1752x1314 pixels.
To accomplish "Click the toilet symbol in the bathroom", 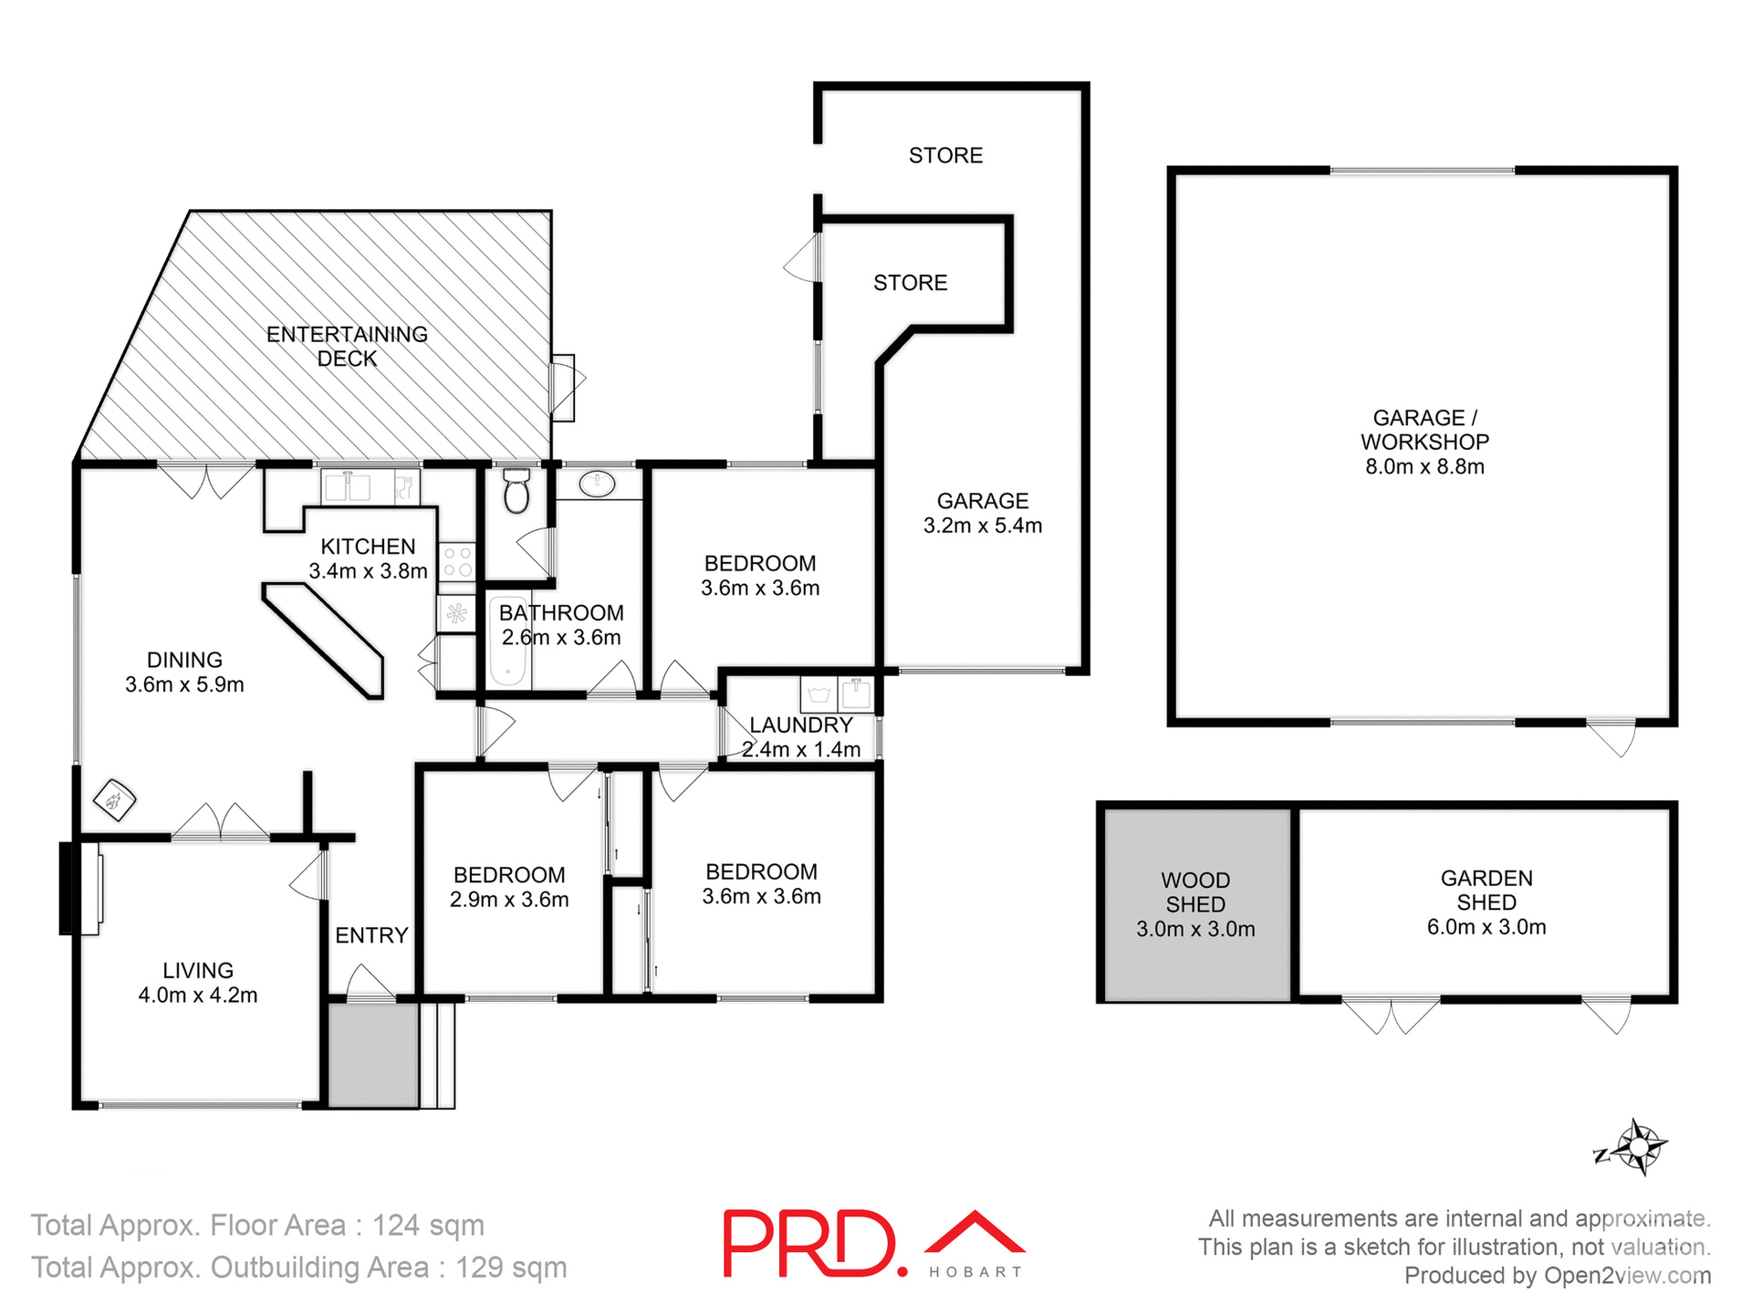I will tap(516, 492).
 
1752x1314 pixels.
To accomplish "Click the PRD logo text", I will tap(810, 1243).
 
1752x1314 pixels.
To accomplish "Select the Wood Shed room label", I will tap(1195, 892).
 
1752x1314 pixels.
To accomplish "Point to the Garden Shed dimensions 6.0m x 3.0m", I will tap(1486, 928).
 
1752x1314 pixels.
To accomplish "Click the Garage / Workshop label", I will tap(1424, 430).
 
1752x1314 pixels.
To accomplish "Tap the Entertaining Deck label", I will tap(347, 347).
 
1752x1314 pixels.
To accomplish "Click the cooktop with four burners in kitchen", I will tap(457, 562).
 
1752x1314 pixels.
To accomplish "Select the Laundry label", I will tap(800, 725).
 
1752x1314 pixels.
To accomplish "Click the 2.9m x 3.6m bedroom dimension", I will tap(509, 901).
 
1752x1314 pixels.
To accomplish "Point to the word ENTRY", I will tap(371, 935).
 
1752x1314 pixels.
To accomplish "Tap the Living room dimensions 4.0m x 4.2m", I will tap(198, 996).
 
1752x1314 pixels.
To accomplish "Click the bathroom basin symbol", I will tap(598, 484).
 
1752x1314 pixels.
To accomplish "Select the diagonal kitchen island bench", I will tap(324, 639).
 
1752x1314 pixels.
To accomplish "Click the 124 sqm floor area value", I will tap(428, 1225).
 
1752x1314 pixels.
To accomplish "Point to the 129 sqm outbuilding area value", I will tap(511, 1267).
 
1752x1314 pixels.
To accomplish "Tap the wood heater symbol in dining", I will tap(115, 801).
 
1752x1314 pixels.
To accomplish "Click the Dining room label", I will tap(184, 660).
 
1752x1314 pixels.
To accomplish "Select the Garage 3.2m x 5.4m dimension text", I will tap(983, 527).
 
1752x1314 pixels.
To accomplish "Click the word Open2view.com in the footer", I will tap(1627, 1276).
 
